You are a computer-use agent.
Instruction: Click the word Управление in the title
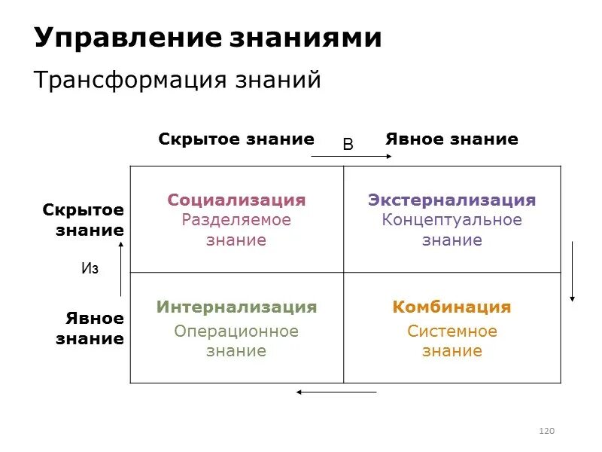coord(128,38)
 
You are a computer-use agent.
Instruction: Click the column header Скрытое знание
coord(236,139)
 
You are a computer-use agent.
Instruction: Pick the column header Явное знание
coord(451,139)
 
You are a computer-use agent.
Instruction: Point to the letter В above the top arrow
coord(348,145)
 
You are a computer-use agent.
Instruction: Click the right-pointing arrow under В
coord(351,156)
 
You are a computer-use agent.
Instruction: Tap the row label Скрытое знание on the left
coord(84,220)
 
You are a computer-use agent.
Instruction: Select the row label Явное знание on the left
coord(90,328)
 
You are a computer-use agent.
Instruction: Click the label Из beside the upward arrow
coord(90,269)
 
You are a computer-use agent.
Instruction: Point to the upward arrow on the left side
coord(120,270)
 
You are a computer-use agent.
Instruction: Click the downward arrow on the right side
coord(573,271)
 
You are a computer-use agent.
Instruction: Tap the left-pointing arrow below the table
coord(336,392)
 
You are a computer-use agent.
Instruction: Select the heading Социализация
coord(236,200)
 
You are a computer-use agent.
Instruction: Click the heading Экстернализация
coord(451,200)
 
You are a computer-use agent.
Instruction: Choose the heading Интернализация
coord(236,307)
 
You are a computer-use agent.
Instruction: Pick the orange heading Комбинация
coord(451,307)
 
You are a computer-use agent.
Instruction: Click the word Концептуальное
coord(451,220)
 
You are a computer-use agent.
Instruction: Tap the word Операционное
coord(236,331)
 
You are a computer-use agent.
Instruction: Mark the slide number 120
coord(547,431)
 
